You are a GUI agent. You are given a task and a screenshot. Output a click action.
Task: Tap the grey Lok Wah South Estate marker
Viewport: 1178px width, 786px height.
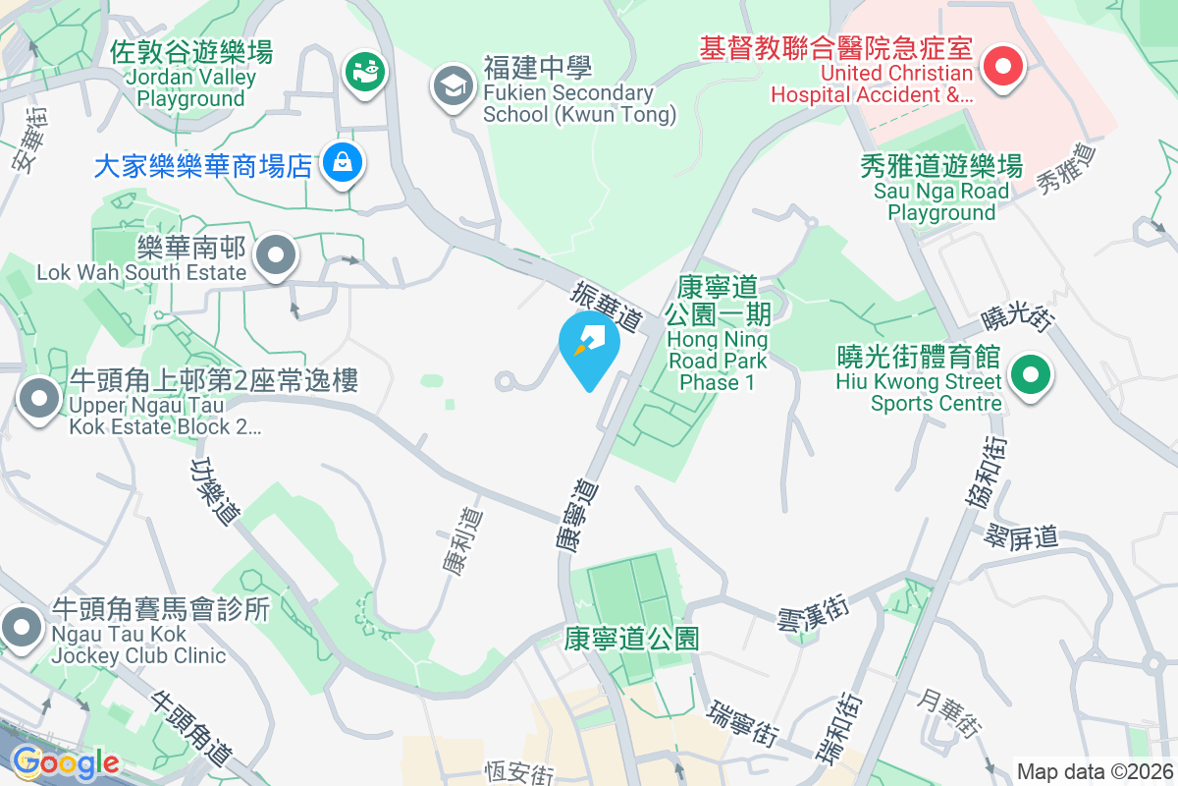[x=276, y=256]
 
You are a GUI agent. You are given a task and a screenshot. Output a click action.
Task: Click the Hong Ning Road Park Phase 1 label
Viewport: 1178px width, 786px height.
[x=717, y=334]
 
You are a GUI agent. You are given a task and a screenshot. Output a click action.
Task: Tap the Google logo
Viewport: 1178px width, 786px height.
[x=66, y=761]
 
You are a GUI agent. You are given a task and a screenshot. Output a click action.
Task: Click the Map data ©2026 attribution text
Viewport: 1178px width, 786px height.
[x=1094, y=771]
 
